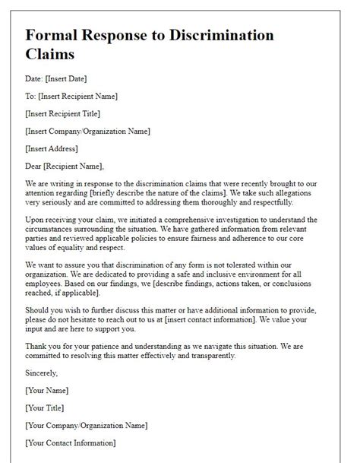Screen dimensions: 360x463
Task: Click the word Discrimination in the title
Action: point(210,36)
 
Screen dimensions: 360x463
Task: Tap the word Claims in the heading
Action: point(53,55)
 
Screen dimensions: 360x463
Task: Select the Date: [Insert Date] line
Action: point(57,79)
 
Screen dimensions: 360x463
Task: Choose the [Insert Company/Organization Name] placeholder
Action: point(87,131)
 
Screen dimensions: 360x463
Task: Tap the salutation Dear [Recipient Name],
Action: point(65,166)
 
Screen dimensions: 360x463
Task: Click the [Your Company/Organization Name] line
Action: point(86,425)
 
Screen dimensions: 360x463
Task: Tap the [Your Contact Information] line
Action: point(71,442)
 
